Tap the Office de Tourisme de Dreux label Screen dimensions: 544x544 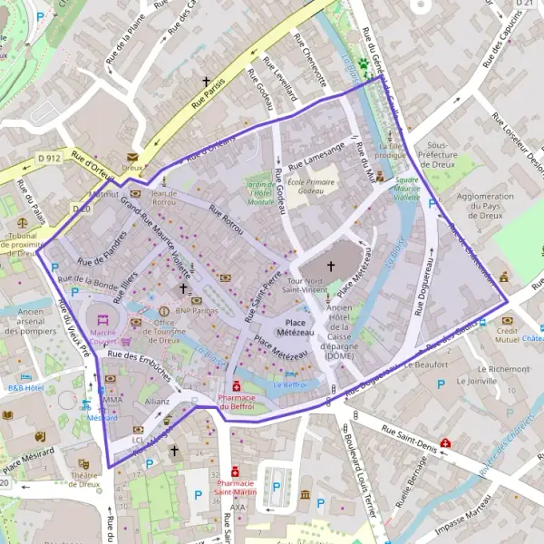coord(163,332)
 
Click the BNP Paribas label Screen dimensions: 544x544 coord(199,310)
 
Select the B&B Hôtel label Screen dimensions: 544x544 coord(26,386)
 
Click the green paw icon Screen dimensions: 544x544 coord(366,65)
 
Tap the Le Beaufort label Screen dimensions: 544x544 coord(427,365)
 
